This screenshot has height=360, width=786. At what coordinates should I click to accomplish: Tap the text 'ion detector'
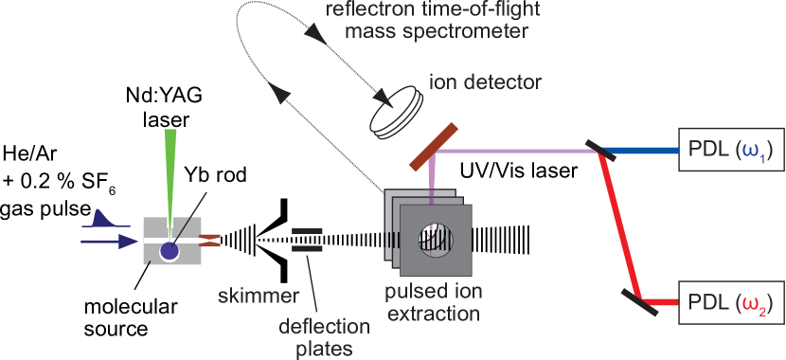pyautogui.click(x=486, y=82)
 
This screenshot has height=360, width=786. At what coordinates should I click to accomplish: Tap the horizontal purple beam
pyautogui.click(x=511, y=150)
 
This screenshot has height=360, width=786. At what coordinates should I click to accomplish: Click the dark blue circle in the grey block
pyautogui.click(x=169, y=251)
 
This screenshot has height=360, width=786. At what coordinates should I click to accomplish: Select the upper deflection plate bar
pyautogui.click(x=305, y=230)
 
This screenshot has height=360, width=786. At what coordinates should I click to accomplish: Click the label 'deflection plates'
pyautogui.click(x=325, y=336)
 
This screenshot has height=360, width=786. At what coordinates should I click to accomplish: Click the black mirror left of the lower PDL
pyautogui.click(x=639, y=301)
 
